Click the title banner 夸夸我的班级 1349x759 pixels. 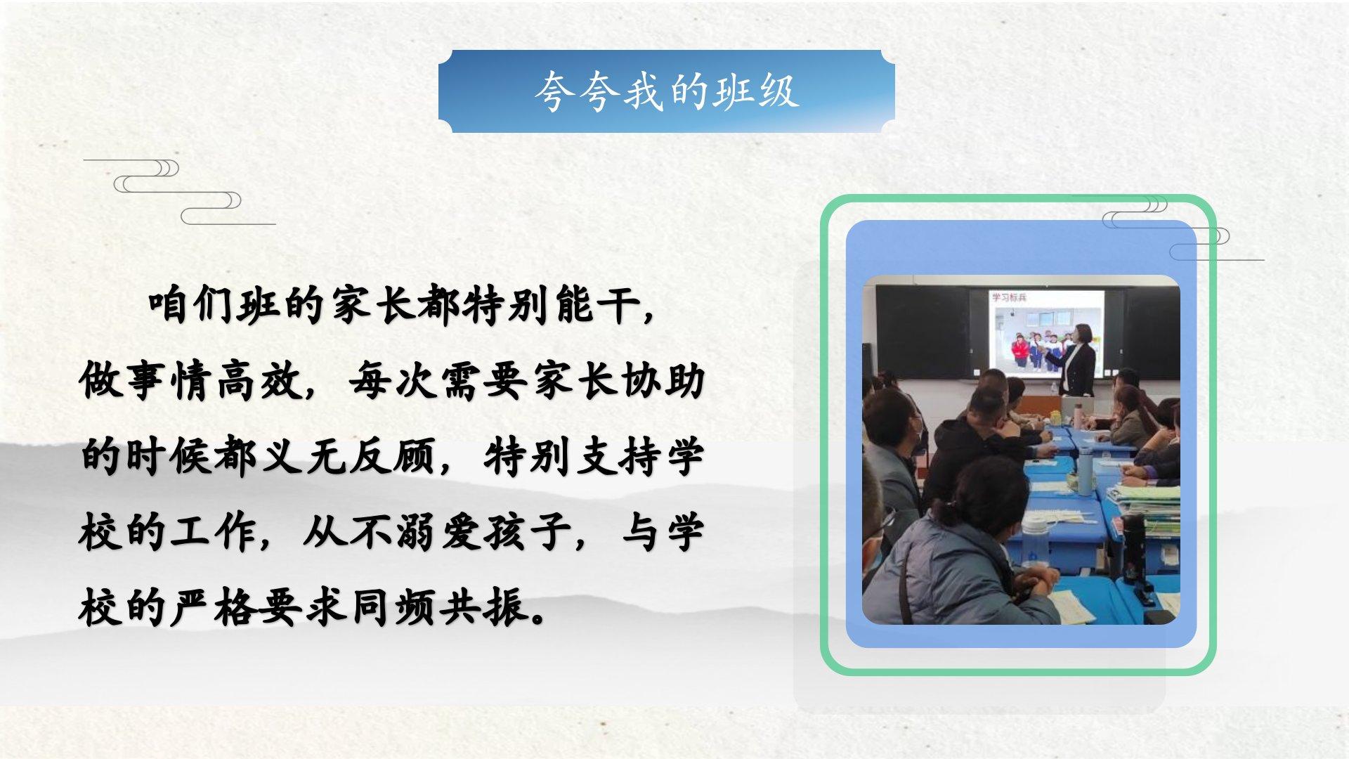pos(666,91)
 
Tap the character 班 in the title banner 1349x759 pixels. pos(733,92)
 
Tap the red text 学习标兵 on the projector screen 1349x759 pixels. pos(1010,297)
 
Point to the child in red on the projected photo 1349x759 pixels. pos(1020,351)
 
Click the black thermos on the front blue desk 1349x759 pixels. pos(1133,549)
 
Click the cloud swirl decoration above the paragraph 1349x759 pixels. pos(179,192)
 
